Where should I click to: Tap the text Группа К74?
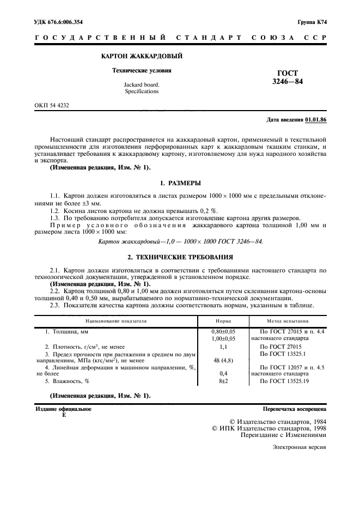312,22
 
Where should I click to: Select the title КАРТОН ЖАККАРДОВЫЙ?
142,56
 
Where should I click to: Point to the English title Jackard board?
142,84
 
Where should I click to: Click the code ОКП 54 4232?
52,105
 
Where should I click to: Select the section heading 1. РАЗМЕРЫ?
180,183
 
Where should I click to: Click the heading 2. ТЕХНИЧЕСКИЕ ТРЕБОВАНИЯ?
180,257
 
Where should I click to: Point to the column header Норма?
223,321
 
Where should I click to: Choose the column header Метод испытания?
288,321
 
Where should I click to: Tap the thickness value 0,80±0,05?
223,331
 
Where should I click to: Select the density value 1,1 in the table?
223,346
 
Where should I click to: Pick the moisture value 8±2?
223,381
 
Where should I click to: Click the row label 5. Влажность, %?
67,381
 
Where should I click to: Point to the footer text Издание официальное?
63,408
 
